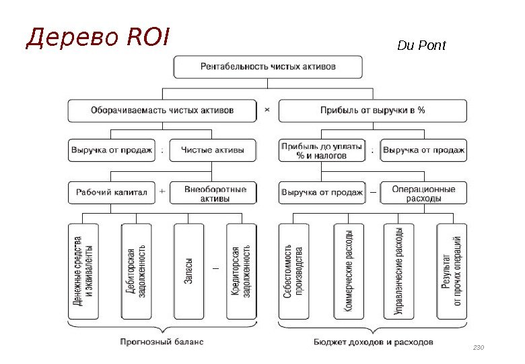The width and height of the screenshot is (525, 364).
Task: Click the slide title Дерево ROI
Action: point(98,40)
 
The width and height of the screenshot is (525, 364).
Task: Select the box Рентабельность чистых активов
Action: point(269,67)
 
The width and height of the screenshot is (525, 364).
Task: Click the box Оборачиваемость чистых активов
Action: point(162,111)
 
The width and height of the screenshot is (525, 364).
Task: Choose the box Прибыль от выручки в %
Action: point(372,111)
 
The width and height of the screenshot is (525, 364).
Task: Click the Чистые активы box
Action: point(213,150)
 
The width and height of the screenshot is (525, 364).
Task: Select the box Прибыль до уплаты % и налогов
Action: point(321,150)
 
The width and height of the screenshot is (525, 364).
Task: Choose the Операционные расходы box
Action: point(423,193)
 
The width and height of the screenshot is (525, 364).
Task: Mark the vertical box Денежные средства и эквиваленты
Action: point(83,271)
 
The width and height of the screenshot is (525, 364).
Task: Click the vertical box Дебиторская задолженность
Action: point(136,271)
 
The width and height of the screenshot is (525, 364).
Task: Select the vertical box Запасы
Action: point(189,271)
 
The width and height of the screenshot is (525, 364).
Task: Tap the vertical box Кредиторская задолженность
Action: point(242,271)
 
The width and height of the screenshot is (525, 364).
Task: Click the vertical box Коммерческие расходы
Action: point(348,271)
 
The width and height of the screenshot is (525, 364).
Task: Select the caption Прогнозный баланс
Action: point(162,342)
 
